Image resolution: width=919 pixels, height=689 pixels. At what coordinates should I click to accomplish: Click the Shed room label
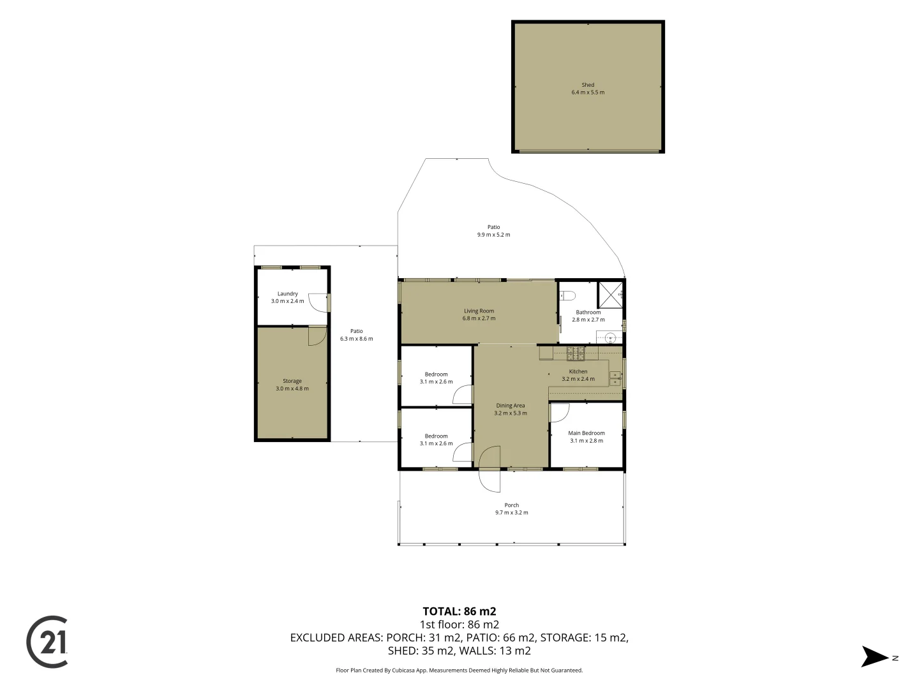point(587,85)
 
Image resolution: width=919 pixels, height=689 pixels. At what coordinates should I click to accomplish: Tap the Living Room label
point(479,311)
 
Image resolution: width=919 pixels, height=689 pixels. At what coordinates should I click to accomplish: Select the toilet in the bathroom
point(568,296)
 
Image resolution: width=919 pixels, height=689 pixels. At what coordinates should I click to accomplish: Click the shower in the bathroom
point(609,295)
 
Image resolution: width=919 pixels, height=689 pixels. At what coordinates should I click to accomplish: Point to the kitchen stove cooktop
point(575,353)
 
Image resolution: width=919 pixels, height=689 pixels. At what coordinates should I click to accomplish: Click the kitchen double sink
point(615,378)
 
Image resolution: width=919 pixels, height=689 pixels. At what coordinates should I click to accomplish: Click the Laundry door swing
point(318,302)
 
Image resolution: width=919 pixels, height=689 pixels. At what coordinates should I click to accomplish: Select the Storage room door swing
point(317,336)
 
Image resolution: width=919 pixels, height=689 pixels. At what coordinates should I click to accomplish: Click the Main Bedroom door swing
point(559,412)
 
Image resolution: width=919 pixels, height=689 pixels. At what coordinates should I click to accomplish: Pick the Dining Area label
point(511,405)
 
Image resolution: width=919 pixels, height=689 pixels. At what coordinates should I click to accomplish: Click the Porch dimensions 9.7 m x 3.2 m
point(512,512)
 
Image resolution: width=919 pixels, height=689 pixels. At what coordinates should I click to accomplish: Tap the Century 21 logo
point(47,641)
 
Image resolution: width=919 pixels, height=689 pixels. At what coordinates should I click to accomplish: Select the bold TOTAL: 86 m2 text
point(459,612)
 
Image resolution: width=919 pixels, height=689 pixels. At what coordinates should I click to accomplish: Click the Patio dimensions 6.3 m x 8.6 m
point(356,338)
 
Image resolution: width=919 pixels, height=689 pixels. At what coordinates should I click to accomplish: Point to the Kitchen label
point(578,371)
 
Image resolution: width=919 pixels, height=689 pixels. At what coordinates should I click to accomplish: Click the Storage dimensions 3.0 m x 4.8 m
point(292,389)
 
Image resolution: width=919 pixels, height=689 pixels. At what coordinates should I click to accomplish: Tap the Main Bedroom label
point(586,433)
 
